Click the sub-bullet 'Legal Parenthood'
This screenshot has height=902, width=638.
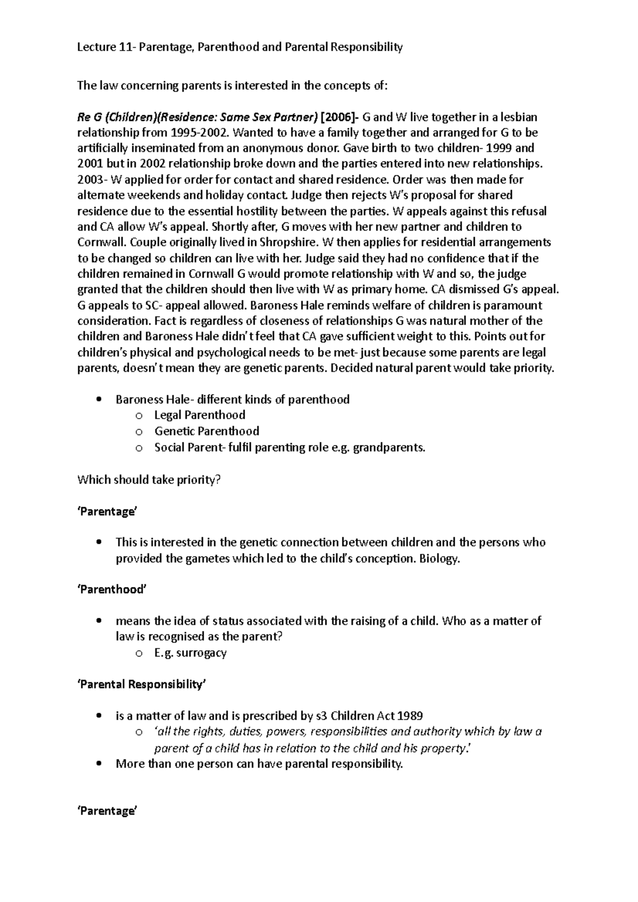[199, 415]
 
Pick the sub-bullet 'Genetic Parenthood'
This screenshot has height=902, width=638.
[206, 431]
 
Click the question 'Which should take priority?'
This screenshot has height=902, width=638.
[149, 480]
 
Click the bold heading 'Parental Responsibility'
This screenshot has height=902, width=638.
[141, 684]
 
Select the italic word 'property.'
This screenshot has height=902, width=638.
[446, 748]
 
